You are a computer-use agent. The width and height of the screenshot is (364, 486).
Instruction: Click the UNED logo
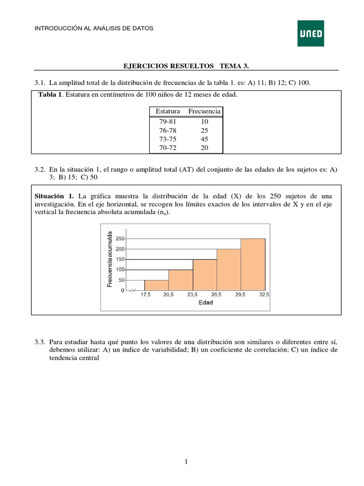[x=310, y=33]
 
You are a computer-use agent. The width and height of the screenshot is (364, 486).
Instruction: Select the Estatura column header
[x=168, y=111]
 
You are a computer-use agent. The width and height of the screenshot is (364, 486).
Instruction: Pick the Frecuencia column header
[x=204, y=111]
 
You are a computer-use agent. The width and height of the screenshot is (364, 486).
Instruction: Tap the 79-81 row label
[x=168, y=121]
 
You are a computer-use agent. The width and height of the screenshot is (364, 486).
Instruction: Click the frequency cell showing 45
[x=204, y=139]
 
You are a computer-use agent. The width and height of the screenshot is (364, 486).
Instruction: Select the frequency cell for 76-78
[x=204, y=130]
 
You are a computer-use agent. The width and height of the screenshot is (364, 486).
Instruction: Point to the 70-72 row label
[x=168, y=148]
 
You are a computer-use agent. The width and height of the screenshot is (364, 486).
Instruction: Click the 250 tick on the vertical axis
[x=119, y=238]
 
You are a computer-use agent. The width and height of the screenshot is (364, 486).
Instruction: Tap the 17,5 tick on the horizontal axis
[x=145, y=295]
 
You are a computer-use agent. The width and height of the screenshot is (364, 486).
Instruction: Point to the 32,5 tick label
[x=264, y=295]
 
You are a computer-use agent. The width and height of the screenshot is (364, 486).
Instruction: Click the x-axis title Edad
[x=205, y=303]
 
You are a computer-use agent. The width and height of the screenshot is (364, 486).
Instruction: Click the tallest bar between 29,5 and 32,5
[x=253, y=264]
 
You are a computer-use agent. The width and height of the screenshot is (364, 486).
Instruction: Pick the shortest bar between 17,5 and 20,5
[x=156, y=285]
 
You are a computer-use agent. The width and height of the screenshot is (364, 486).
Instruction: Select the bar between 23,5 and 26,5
[x=205, y=275]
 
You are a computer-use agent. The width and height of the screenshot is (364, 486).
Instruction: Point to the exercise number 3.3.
[x=40, y=342]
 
